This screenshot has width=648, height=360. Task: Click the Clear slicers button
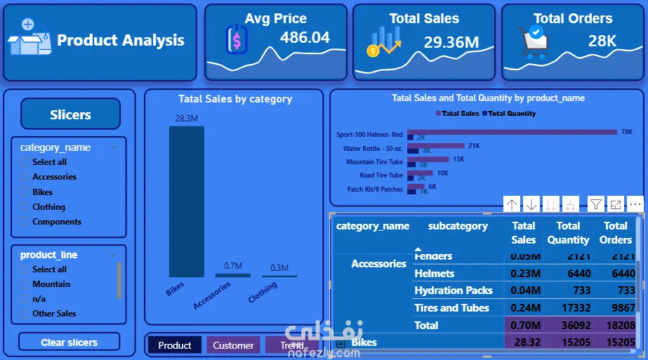click(69, 342)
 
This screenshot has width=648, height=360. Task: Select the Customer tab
click(233, 345)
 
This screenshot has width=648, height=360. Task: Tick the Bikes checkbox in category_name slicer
click(25, 192)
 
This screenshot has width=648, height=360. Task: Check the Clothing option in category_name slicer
click(25, 207)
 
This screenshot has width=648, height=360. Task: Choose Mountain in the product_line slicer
click(25, 284)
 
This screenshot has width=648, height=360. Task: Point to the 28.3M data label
click(186, 119)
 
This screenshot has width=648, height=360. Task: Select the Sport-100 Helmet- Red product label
click(369, 134)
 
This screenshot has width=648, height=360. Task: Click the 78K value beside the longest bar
click(627, 132)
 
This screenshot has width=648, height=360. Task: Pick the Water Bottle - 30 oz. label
click(373, 148)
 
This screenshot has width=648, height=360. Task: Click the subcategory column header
click(458, 226)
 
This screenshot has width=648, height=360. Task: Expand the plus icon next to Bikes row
click(341, 344)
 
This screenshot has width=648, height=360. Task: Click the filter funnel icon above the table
click(595, 204)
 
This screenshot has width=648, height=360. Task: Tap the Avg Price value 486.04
click(305, 38)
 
